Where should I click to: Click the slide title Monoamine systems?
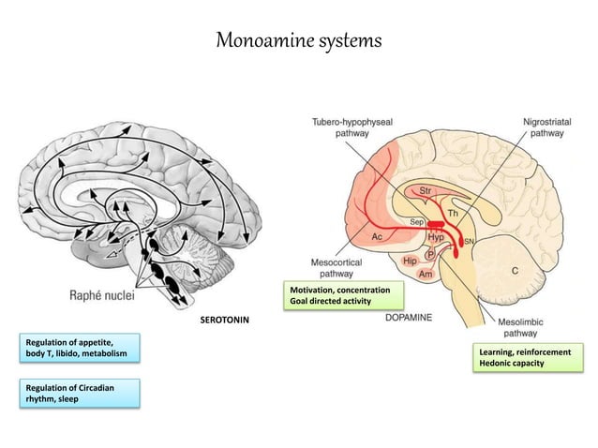299,41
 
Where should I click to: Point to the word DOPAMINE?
409,319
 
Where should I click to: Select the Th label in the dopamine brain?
454,215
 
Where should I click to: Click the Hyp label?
436,238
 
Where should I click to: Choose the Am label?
425,274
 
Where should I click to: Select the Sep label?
417,221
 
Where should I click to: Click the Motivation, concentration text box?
343,295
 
